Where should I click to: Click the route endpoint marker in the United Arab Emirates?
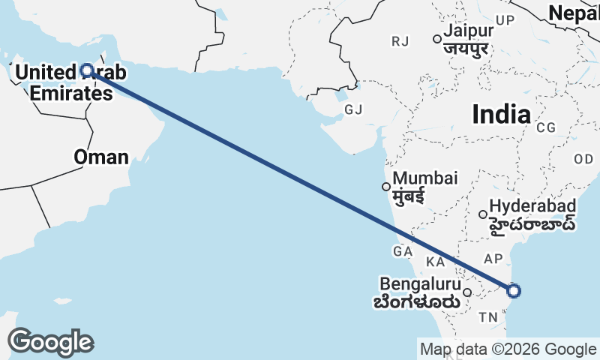86,70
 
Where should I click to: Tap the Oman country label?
100,157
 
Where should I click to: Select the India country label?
501,114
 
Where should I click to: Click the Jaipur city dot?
436,39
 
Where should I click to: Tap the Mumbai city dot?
386,187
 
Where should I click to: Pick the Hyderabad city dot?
483,214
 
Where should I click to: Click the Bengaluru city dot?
467,293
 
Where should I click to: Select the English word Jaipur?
468,31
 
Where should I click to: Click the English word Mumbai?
425,178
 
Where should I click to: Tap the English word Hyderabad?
532,205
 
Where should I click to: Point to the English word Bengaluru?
419,285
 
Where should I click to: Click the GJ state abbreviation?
353,109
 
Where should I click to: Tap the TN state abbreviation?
489,317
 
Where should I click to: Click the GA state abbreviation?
402,250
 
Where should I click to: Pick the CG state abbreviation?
545,127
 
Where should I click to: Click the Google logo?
50,342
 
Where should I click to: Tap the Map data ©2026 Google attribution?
508,349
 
